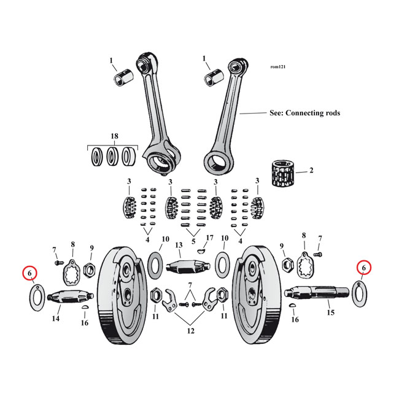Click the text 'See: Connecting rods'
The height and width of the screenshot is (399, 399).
tap(304, 114)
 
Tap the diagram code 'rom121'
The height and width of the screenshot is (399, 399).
tap(277, 67)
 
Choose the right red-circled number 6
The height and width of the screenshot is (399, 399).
tap(363, 268)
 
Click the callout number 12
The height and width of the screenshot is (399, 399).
tap(190, 331)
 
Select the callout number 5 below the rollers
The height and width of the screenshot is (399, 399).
tap(194, 241)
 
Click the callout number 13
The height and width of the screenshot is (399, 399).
tap(179, 246)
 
